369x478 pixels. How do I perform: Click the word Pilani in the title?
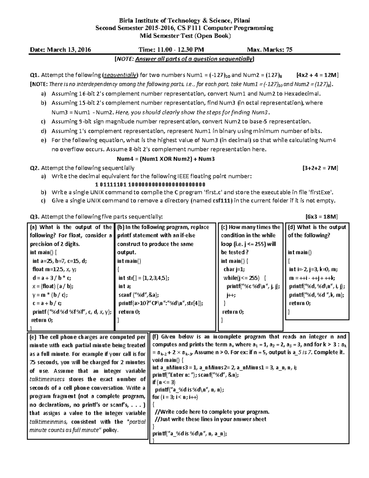pyautogui.click(x=241, y=21)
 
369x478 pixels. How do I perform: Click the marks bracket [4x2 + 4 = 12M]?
pyautogui.click(x=317, y=75)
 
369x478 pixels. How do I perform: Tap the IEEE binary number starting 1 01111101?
pyautogui.click(x=150, y=185)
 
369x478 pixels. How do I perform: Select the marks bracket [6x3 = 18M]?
pyautogui.click(x=322, y=217)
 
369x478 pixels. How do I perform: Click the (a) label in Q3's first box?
pyautogui.click(x=33, y=227)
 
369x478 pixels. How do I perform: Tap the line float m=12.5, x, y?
pyautogui.click(x=54, y=269)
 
